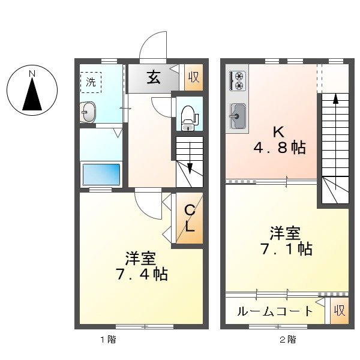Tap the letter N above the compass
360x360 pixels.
point(32,74)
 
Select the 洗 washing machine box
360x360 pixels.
point(91,82)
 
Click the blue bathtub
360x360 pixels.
point(101,174)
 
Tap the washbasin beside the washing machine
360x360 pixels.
point(88,112)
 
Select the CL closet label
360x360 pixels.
point(189,219)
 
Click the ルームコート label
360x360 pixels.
point(274,311)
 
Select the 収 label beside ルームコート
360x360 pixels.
point(340,311)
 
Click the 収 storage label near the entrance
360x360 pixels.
point(193,77)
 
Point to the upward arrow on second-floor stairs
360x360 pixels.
point(335,99)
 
